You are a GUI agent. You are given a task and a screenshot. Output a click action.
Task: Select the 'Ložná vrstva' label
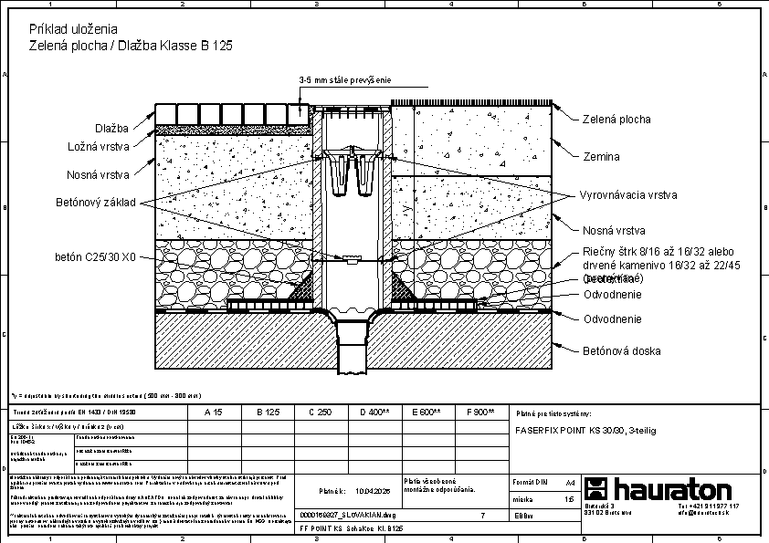tap(99, 146)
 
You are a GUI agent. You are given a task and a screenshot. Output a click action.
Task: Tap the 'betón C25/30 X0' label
tap(95, 258)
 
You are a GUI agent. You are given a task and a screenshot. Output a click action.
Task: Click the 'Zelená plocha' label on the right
tap(616, 120)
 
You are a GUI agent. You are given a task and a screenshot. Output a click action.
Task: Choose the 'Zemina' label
tap(601, 157)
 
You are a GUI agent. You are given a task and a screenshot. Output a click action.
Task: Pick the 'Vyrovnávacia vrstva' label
tap(627, 195)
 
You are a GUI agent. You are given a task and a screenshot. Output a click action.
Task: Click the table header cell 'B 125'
tap(268, 412)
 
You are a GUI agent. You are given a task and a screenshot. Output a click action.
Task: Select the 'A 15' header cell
tap(214, 412)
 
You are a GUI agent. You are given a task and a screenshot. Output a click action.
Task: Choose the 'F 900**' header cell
tap(480, 412)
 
